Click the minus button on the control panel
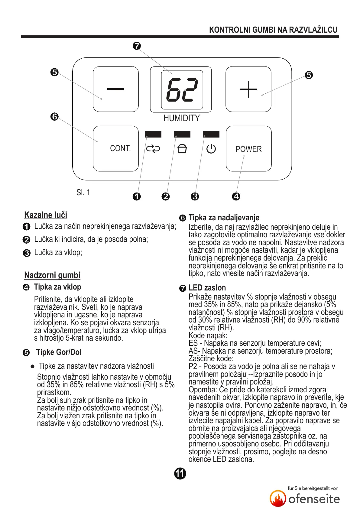pos(115,89)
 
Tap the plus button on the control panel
pos(248,89)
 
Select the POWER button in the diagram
pos(248,149)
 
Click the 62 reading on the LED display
pos(182,89)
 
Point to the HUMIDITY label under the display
pos(181,118)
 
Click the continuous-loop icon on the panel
pos(153,149)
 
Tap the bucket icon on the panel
pos(182,149)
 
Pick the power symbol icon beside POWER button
pos(211,149)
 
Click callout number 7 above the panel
pos(137,46)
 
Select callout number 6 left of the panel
pos(54,116)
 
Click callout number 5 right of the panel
pos(309,75)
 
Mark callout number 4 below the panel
pos(236,196)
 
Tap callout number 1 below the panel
pos(137,196)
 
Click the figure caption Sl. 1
pos(83,193)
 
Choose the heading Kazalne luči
pos(46,215)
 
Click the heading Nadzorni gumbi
pos(52,275)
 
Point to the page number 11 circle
pos(180,473)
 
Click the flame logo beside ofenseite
pos(278,498)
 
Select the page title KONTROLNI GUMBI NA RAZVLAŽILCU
pos(273,30)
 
